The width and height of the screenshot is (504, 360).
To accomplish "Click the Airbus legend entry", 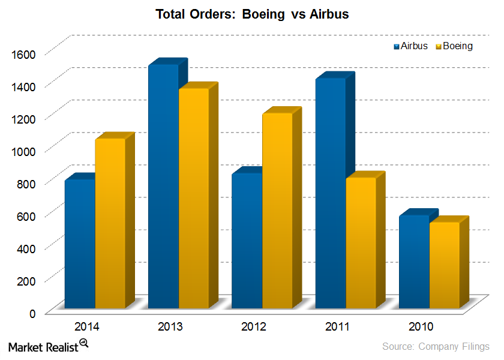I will coord(411,46).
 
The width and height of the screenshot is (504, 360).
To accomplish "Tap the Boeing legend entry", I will coord(454,46).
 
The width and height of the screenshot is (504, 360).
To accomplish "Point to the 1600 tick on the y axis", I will coord(24,54).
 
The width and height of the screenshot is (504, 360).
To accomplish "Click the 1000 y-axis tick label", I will coord(24,151).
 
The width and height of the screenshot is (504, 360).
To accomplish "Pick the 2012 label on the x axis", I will coord(254,327).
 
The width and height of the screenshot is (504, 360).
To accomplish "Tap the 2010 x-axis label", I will coord(422,327).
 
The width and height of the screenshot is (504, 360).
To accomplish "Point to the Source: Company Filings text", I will coord(436,346).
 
